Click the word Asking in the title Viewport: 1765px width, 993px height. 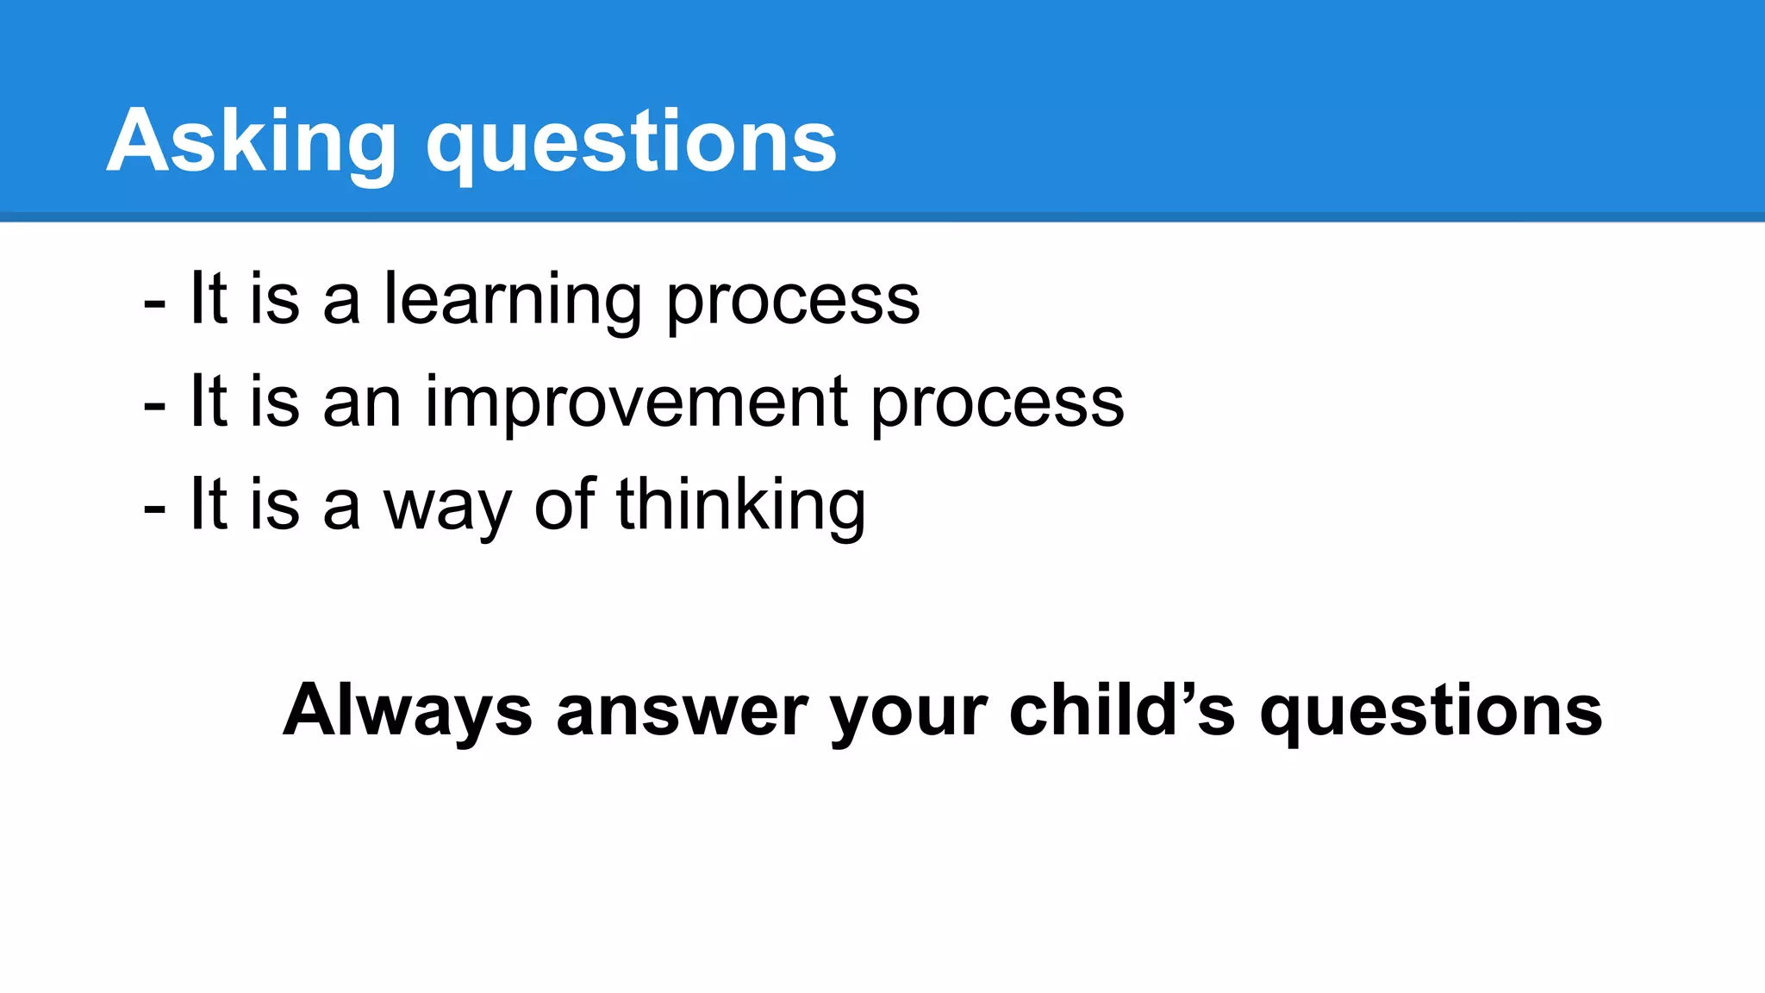251,142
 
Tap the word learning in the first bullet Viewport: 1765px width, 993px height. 512,301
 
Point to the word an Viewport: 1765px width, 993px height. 362,404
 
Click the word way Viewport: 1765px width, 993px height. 447,507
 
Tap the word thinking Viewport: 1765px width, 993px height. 740,506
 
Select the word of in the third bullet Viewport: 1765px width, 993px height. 564,504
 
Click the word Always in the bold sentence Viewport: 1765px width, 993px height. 408,711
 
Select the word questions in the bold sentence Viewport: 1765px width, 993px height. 1431,713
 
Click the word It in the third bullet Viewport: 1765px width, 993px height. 209,504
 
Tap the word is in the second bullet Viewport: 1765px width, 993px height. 275,403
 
